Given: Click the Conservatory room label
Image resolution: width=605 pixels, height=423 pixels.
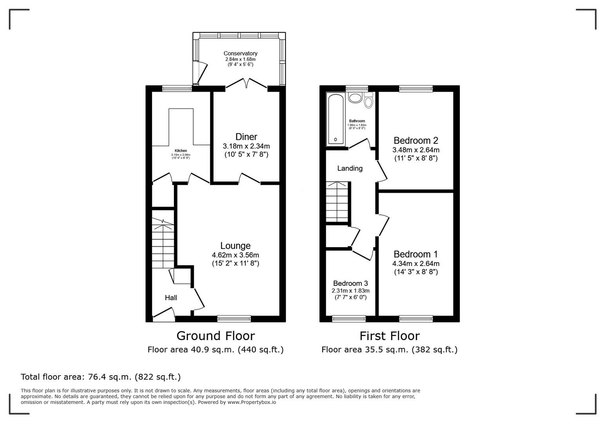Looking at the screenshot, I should pyautogui.click(x=240, y=53).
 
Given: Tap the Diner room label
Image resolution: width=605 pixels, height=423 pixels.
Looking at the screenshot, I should pyautogui.click(x=246, y=137).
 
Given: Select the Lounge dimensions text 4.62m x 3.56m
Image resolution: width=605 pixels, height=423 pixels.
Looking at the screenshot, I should pyautogui.click(x=235, y=255).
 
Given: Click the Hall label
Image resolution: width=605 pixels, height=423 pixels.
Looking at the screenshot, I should pyautogui.click(x=171, y=298).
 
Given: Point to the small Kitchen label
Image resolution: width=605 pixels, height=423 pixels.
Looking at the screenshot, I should pyautogui.click(x=181, y=151).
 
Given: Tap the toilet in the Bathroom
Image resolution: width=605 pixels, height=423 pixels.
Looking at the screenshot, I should pyautogui.click(x=368, y=101).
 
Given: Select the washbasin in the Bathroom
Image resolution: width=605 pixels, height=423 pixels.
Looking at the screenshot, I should pyautogui.click(x=355, y=97).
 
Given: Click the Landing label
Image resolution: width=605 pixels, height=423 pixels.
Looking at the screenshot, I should pyautogui.click(x=350, y=168).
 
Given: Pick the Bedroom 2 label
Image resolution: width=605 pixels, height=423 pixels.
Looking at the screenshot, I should pyautogui.click(x=415, y=140).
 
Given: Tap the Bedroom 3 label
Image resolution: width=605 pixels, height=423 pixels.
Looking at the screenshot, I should pyautogui.click(x=350, y=283).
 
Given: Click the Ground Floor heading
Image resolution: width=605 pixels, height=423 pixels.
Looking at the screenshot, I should pyautogui.click(x=216, y=336).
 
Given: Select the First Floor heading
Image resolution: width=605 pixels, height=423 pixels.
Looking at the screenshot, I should pyautogui.click(x=389, y=336).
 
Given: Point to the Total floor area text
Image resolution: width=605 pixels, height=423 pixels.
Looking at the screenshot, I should pyautogui.click(x=101, y=377).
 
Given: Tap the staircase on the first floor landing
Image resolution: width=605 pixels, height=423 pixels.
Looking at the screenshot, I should pyautogui.click(x=337, y=202).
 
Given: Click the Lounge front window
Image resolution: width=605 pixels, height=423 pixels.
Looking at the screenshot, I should pyautogui.click(x=234, y=319).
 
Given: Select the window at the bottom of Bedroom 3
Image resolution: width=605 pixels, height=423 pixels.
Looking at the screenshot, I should pyautogui.click(x=348, y=319).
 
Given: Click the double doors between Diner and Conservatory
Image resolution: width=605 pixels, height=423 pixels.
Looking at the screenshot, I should pyautogui.click(x=246, y=83).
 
